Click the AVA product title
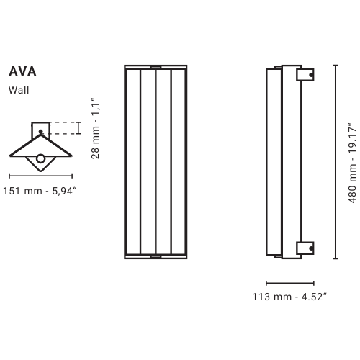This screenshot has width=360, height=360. [22, 72]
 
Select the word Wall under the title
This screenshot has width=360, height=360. [19, 90]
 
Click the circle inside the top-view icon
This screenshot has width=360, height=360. [41, 159]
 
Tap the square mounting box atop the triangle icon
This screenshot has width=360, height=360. [40, 130]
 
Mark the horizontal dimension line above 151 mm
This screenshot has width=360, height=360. [40, 175]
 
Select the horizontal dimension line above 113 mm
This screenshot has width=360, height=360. [289, 282]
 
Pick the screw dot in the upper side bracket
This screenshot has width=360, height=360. [310, 73]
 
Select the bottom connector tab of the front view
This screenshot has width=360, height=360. [156, 256]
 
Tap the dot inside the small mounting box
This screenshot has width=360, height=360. [40, 132]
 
